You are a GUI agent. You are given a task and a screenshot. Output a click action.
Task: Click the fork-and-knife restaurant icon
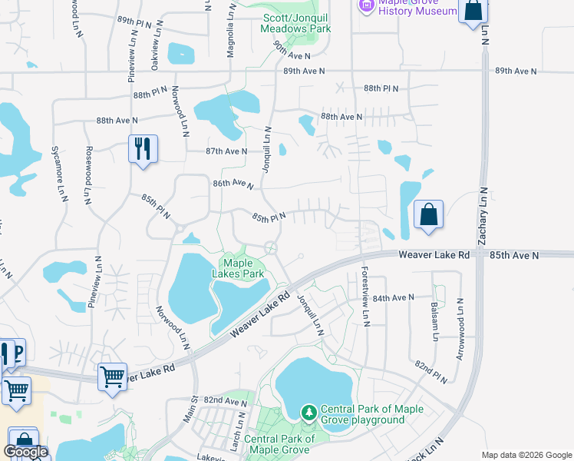click(142, 148)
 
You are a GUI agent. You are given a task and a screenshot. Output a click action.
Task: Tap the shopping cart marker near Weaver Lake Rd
click(113, 377)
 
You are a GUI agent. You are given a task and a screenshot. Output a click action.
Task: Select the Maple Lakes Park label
click(243, 269)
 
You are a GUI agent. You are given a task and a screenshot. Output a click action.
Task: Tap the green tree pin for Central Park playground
click(308, 413)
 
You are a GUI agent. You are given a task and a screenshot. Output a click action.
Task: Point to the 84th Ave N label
click(394, 297)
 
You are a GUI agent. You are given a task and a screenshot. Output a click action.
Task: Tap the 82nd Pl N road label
click(430, 370)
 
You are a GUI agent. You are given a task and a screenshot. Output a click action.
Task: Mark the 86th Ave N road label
click(233, 184)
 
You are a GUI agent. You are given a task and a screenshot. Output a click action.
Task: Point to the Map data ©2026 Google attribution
click(526, 455)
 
